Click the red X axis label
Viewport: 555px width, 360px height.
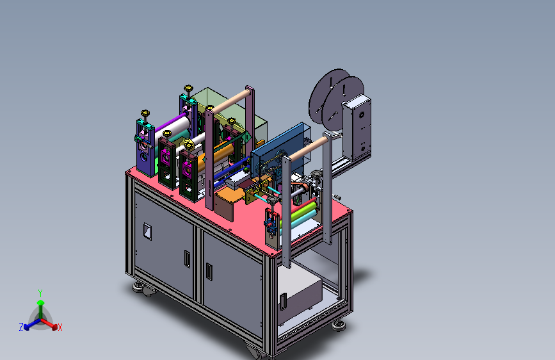tap(60, 327)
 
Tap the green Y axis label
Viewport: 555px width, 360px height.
tap(40, 293)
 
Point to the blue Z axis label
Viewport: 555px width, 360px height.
tap(21, 327)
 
